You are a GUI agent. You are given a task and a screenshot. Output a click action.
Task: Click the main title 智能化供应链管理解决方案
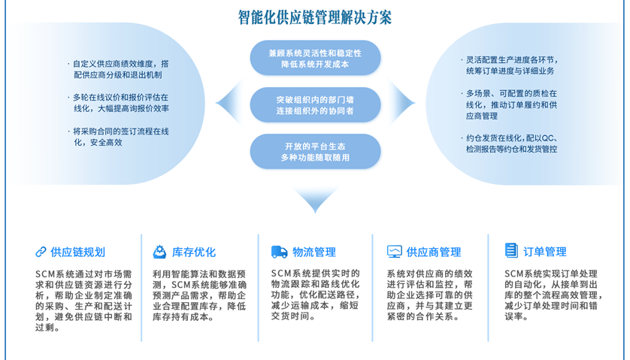click(315, 17)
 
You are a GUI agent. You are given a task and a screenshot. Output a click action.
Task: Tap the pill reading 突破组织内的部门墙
click(315, 104)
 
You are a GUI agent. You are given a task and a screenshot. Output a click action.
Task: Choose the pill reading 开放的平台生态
click(315, 151)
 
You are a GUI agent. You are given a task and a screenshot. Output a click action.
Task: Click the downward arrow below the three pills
click(315, 200)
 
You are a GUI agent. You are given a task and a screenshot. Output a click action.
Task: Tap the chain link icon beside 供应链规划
click(41, 252)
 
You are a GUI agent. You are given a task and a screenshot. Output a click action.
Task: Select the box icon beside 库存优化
click(159, 252)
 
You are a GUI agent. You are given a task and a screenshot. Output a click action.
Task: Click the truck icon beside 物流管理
click(279, 252)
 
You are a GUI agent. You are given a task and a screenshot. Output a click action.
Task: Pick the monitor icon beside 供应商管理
click(394, 252)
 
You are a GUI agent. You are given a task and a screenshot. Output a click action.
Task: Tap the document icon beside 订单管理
click(511, 251)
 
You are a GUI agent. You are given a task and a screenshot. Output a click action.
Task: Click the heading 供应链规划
click(78, 252)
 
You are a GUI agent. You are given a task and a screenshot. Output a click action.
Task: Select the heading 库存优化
click(194, 252)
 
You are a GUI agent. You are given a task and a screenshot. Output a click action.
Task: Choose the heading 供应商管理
click(434, 252)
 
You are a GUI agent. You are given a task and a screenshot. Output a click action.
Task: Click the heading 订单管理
click(546, 252)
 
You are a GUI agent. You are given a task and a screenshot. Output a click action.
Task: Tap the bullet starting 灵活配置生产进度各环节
click(511, 65)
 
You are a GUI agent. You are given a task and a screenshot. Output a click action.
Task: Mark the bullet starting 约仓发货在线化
click(511, 144)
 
